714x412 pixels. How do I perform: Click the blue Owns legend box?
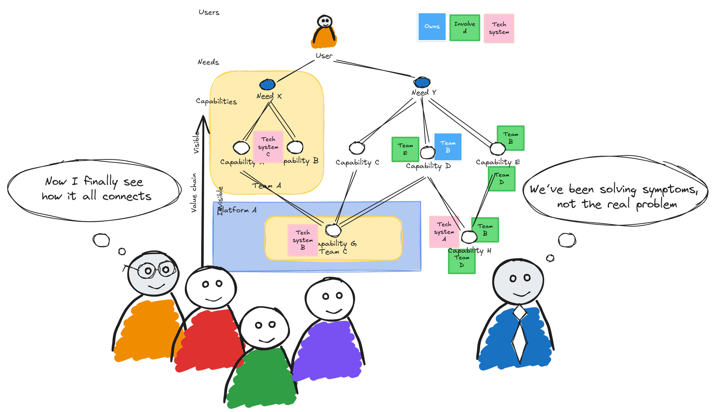tap(432, 27)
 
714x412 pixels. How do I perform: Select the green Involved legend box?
tap(464, 28)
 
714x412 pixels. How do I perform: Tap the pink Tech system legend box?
tap(499, 29)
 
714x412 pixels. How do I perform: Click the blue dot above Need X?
tap(267, 85)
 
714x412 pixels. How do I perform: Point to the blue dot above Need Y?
tap(422, 83)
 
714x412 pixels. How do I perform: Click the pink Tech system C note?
tap(268, 146)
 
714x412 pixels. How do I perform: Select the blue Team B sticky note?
tap(448, 146)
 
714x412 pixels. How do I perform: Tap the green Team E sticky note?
tap(405, 149)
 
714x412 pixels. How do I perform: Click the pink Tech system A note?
tap(444, 232)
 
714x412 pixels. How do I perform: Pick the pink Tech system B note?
tap(302, 240)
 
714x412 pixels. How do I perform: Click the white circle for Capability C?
tap(357, 148)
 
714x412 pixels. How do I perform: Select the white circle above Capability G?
tap(333, 230)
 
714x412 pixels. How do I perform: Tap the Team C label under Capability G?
tap(333, 252)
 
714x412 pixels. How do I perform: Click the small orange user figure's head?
tap(325, 21)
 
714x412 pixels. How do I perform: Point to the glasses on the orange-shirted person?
tap(157, 270)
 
